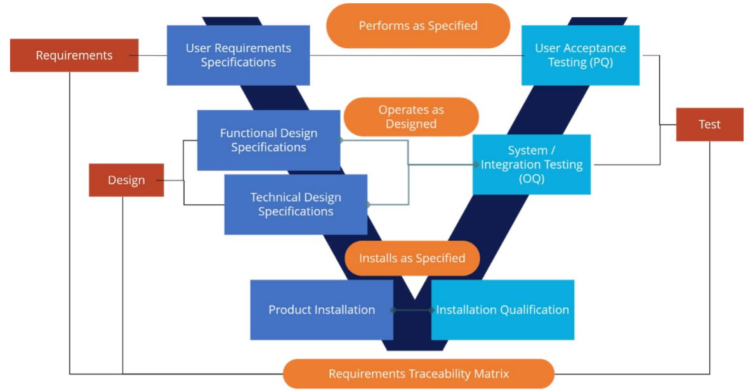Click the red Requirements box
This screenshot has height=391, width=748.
[74, 55]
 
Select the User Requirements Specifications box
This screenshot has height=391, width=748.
[238, 55]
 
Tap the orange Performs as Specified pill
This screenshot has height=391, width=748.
[418, 26]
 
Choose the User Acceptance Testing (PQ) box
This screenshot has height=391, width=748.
[580, 55]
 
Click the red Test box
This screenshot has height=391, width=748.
[709, 124]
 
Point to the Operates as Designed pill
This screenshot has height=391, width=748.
[411, 117]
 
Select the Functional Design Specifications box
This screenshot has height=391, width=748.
[268, 140]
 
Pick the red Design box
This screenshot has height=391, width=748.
[126, 180]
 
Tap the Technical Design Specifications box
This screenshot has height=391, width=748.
[296, 204]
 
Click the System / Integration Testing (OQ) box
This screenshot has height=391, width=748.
[532, 164]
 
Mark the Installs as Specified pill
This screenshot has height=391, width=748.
[412, 258]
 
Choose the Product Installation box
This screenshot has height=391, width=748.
[322, 310]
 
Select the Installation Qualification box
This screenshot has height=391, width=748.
[502, 310]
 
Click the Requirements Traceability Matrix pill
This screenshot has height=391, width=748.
[418, 374]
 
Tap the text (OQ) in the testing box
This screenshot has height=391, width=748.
[532, 179]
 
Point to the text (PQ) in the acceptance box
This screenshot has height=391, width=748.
[599, 62]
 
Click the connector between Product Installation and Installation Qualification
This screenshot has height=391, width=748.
[412, 310]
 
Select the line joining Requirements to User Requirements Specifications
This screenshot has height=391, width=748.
[152, 55]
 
